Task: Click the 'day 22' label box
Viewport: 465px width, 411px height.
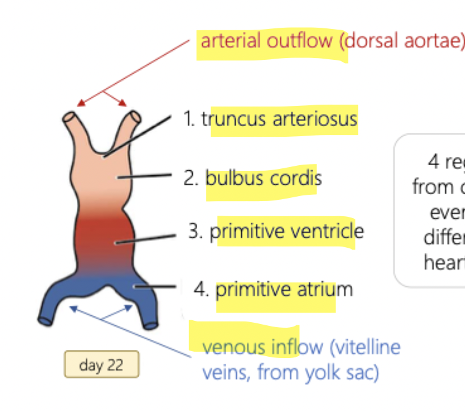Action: pyautogui.click(x=101, y=365)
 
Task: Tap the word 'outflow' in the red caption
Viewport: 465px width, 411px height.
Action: pyautogui.click(x=295, y=41)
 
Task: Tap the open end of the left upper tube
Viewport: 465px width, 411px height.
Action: pyautogui.click(x=69, y=117)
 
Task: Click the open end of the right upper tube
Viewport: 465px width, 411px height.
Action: pyautogui.click(x=135, y=117)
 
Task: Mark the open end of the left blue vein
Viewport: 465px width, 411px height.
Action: pyautogui.click(x=44, y=320)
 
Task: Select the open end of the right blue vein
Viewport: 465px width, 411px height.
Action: pyautogui.click(x=151, y=325)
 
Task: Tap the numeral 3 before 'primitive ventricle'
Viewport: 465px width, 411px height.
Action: pyautogui.click(x=195, y=231)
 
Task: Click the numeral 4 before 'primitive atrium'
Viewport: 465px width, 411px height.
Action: pyautogui.click(x=200, y=290)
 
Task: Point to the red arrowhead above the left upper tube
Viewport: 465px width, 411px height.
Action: pyautogui.click(x=79, y=103)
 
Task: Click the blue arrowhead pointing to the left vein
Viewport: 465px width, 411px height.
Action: pyautogui.click(x=73, y=308)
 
